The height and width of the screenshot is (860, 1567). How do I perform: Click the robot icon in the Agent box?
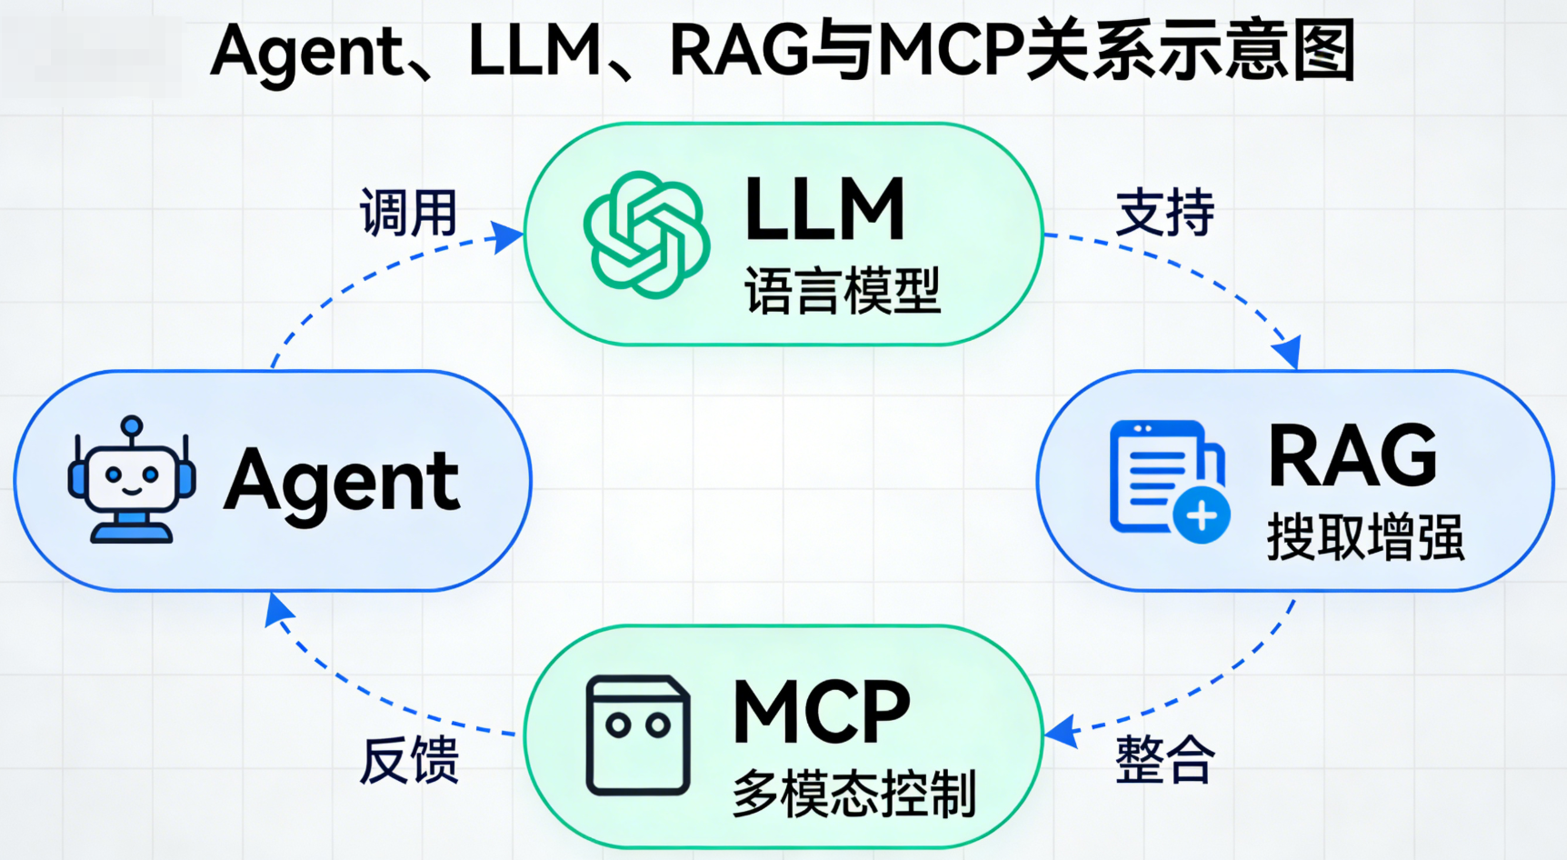point(132,481)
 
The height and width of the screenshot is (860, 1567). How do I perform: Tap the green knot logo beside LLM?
point(646,235)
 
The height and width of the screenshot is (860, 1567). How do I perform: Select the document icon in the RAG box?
point(1163,476)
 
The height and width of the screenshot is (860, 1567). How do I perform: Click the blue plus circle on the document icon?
point(1202,515)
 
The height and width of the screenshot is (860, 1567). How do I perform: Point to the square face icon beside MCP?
point(637,735)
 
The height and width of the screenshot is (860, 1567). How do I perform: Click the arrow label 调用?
point(408,214)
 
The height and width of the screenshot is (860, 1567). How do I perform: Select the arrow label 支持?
point(1164,214)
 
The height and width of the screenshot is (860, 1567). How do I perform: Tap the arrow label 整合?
point(1164,759)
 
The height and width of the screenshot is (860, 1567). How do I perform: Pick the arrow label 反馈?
point(410,760)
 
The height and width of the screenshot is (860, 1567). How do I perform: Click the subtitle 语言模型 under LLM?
point(843,291)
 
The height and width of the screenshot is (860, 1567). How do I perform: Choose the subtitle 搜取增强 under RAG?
point(1365,536)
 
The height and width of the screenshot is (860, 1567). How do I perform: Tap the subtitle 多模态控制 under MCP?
point(854,793)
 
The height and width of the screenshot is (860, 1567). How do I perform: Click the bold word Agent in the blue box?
point(342,481)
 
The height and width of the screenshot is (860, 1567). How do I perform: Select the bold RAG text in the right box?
point(1352,456)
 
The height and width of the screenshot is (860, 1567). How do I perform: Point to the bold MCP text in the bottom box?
point(821,712)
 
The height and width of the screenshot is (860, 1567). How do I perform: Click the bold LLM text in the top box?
point(824,210)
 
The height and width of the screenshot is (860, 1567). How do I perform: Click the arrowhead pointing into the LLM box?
point(508,236)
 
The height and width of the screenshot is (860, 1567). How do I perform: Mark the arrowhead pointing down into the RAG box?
point(1287,353)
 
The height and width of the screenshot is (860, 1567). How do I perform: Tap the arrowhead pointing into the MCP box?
point(1061,731)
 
